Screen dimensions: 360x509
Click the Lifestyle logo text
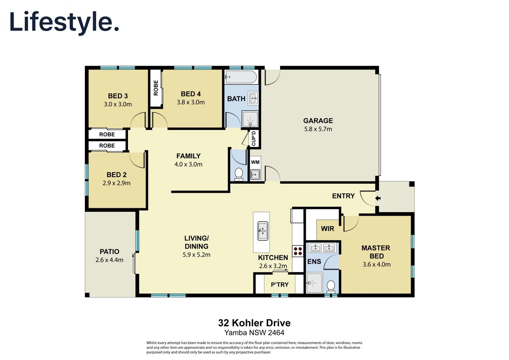click(x=64, y=22)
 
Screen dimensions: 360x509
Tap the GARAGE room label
click(x=318, y=121)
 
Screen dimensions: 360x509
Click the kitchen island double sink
click(x=263, y=231)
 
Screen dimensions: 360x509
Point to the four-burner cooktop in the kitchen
click(x=298, y=251)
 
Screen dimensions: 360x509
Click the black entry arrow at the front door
click(x=378, y=198)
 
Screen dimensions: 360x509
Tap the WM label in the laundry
click(x=255, y=162)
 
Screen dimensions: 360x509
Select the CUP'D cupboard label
click(x=254, y=138)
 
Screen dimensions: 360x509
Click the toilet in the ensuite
click(x=331, y=286)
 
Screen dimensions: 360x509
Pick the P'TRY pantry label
click(x=280, y=285)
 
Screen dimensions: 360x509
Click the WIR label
click(x=327, y=229)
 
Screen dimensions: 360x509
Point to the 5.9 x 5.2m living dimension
click(x=196, y=255)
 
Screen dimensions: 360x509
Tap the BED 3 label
click(x=118, y=96)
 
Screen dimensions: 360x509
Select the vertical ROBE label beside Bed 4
click(x=156, y=88)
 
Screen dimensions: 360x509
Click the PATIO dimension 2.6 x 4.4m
click(x=109, y=260)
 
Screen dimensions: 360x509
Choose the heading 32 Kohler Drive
click(x=254, y=323)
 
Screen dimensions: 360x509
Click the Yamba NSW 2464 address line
click(x=254, y=333)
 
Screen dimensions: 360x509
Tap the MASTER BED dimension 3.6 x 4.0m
click(x=377, y=264)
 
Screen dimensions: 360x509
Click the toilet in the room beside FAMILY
click(x=239, y=174)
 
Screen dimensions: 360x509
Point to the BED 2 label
click(x=116, y=175)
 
